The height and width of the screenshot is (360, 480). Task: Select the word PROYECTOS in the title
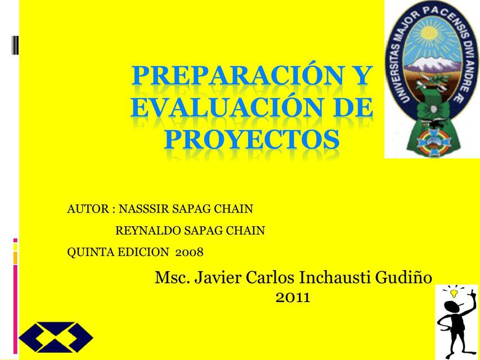click(252, 138)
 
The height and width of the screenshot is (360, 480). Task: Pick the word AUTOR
click(88, 209)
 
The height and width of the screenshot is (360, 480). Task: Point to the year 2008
click(190, 252)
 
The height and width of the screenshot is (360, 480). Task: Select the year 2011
click(293, 298)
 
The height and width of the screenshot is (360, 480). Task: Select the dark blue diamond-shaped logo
click(56, 337)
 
